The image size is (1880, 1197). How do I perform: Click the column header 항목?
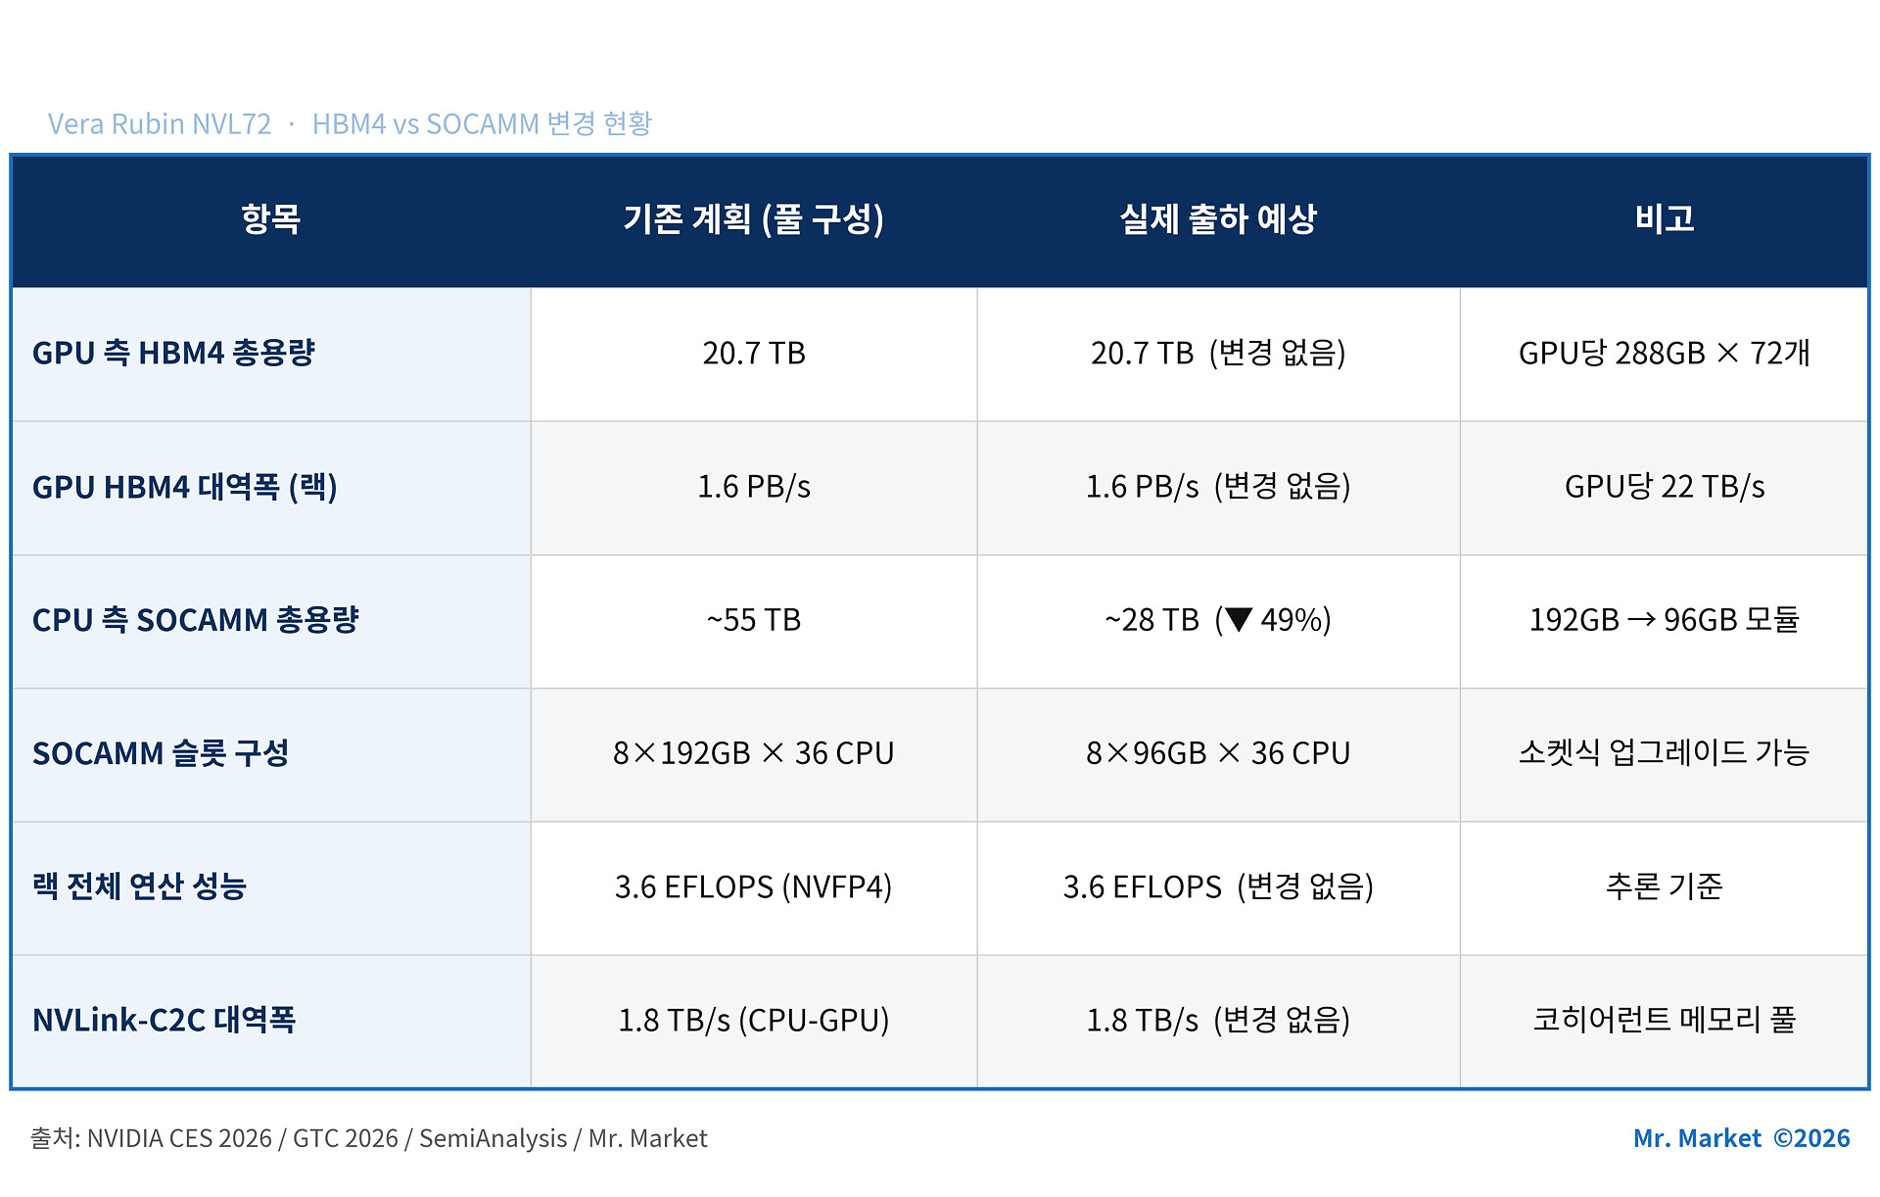tap(270, 218)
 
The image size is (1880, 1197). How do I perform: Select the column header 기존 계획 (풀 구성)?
tap(753, 218)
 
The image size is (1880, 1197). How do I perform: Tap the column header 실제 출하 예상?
tap(1218, 218)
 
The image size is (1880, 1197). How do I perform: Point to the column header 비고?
tap(1665, 218)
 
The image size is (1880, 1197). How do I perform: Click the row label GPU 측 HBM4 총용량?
tap(173, 353)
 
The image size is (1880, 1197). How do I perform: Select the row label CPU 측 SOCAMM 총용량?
tap(196, 619)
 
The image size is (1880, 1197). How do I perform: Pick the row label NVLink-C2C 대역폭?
tap(164, 1020)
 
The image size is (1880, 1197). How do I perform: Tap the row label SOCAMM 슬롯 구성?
tap(161, 752)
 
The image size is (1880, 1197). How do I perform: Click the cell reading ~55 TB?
tap(754, 619)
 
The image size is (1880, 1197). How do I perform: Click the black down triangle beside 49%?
tap(1239, 619)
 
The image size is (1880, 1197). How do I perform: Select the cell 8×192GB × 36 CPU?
tap(754, 752)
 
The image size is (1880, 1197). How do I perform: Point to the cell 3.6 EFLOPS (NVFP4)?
tap(754, 886)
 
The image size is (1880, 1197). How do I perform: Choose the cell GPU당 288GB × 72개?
tap(1665, 353)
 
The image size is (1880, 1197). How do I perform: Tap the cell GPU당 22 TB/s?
tap(1665, 486)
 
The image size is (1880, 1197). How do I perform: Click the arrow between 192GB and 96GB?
tap(1641, 619)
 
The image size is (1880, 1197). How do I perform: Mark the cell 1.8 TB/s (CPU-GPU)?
tap(754, 1020)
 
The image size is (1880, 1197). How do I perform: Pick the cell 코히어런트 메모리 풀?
tap(1665, 1020)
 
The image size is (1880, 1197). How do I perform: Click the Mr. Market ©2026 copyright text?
tap(1741, 1138)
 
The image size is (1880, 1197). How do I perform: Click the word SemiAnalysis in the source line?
tap(493, 1138)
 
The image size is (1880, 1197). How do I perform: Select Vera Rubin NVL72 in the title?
tap(160, 124)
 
